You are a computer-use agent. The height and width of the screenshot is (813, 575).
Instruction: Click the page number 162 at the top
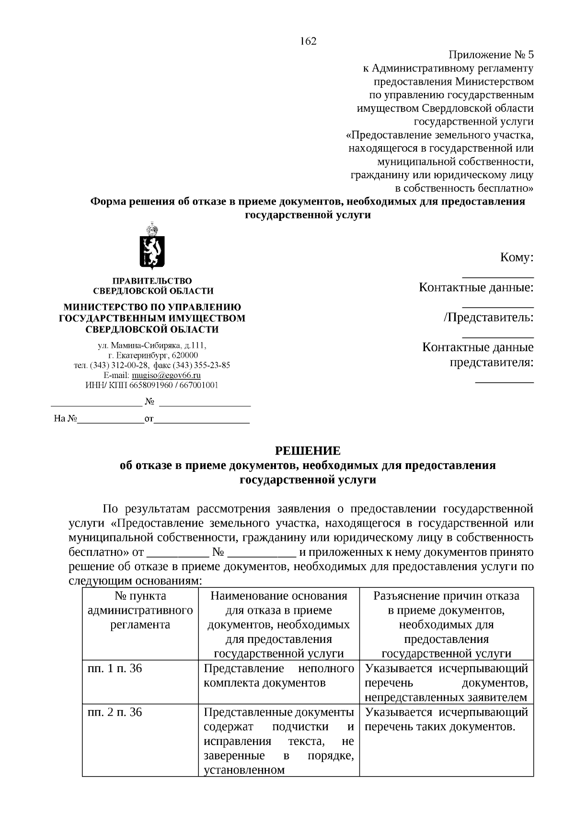308,42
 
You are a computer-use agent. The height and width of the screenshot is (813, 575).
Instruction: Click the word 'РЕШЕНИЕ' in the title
308,451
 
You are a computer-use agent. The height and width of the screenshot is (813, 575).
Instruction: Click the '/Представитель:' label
488,317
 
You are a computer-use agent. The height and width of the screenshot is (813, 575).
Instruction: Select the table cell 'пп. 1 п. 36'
115,668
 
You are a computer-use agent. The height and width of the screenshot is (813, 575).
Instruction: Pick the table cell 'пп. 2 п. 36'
115,712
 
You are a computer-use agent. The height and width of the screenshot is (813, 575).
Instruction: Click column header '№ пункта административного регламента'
140,610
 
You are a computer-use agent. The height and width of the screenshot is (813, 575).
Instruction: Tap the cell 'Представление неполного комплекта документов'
278,676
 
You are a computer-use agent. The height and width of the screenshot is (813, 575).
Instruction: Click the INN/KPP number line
151,385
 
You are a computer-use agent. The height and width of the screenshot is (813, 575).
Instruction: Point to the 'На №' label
65,419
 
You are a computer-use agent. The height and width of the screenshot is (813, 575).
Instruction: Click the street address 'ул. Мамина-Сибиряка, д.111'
151,345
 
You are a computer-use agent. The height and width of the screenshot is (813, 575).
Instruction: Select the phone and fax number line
151,365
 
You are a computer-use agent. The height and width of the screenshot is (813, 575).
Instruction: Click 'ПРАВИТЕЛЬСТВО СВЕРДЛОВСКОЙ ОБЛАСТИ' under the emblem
152,286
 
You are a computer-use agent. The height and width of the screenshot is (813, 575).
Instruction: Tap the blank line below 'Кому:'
497,276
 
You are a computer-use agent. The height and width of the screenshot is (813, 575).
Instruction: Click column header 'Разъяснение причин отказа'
446,596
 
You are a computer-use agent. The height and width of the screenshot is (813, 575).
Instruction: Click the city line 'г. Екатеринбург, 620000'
152,355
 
